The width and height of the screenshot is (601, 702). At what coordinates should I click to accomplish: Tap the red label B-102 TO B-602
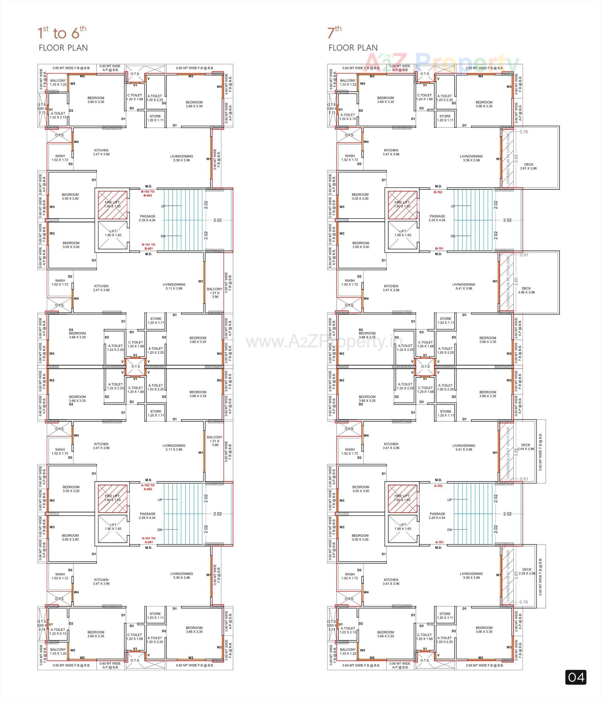(x=148, y=193)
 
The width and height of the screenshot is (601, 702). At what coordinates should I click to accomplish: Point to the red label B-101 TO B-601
(x=148, y=246)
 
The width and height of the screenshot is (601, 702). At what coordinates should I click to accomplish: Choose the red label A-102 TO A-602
(x=148, y=487)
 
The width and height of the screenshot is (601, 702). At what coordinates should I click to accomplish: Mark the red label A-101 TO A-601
(x=148, y=540)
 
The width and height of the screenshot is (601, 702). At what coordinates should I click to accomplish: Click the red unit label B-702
(x=438, y=192)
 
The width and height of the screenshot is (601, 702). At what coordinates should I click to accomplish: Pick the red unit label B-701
(x=439, y=248)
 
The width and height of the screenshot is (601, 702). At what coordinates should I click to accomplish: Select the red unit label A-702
(x=438, y=485)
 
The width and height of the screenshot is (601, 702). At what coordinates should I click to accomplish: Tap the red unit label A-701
(x=439, y=542)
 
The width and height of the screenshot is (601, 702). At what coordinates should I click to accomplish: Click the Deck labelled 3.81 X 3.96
(x=528, y=166)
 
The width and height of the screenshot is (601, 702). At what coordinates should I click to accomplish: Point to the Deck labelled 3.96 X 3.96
(x=526, y=290)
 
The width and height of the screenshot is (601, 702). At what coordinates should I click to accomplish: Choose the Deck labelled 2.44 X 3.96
(x=526, y=447)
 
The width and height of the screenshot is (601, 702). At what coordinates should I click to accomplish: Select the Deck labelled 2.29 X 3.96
(x=527, y=572)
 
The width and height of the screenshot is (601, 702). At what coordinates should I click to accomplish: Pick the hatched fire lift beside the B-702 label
(x=402, y=205)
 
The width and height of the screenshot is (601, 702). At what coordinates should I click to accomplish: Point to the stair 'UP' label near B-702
(x=453, y=206)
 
